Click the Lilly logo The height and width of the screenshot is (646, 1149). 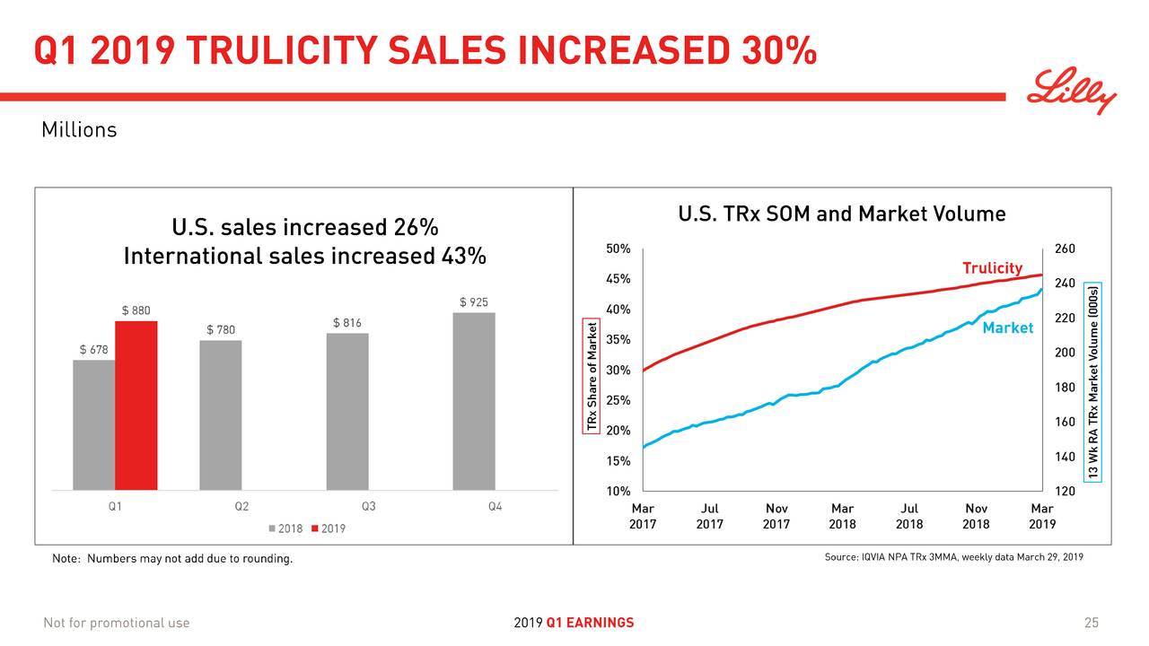tap(1072, 92)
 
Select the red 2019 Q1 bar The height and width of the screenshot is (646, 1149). tap(136, 405)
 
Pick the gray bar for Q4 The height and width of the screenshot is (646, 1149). tap(473, 401)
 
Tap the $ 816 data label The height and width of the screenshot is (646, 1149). tap(347, 323)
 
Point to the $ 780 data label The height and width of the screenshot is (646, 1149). tap(221, 330)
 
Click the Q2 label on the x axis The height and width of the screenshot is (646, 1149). tap(241, 506)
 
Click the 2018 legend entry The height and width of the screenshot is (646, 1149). tap(285, 528)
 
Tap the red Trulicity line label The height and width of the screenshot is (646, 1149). tap(992, 268)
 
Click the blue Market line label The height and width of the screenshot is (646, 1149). tap(1007, 328)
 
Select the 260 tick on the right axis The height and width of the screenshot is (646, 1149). tap(1065, 249)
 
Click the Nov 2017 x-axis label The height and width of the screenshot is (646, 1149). tap(776, 516)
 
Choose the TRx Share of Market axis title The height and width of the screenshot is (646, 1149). tap(591, 376)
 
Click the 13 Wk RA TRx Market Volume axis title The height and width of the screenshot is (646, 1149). tap(1092, 383)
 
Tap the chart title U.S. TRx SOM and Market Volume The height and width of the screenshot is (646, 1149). tap(841, 214)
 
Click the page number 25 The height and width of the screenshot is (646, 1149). tap(1092, 623)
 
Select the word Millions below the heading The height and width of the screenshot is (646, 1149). tap(79, 130)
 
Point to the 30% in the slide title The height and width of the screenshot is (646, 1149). tap(778, 52)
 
